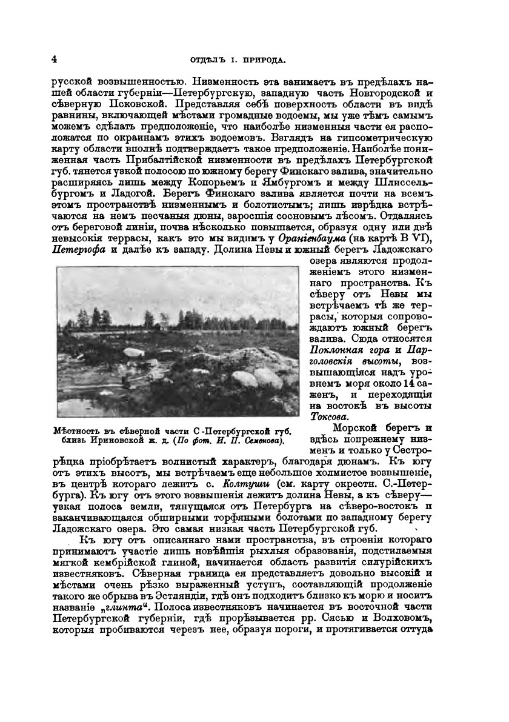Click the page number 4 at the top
[55, 59]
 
